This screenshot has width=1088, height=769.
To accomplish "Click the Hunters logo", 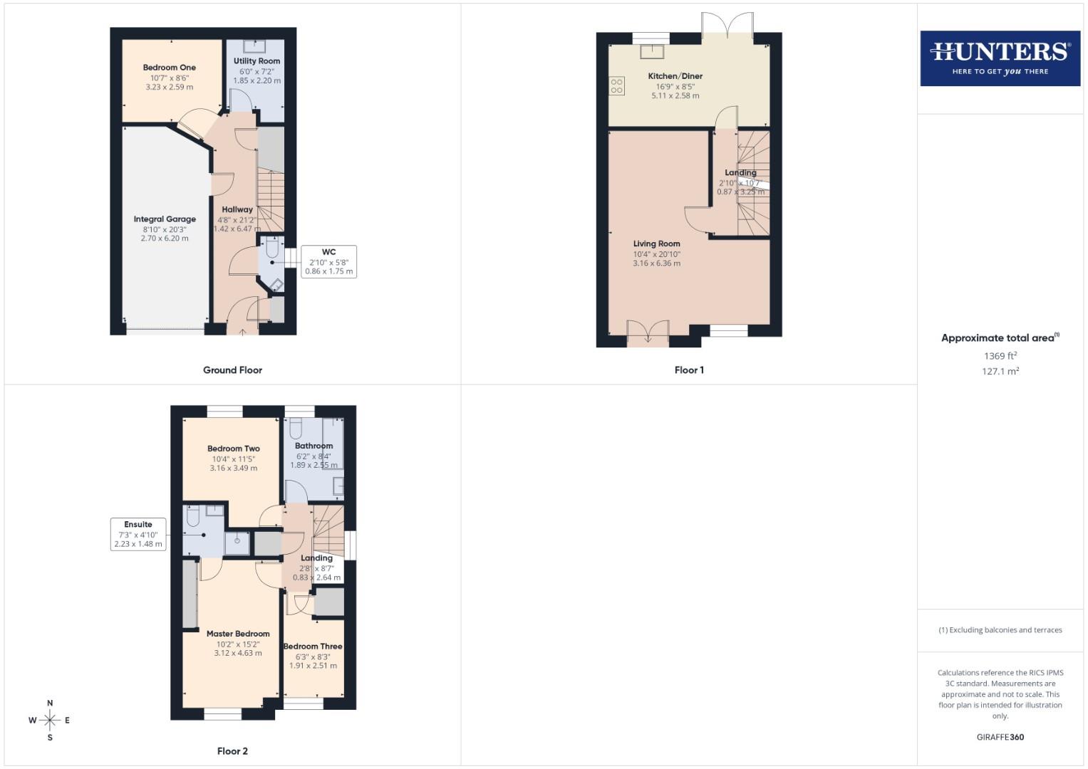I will pyautogui.click(x=1000, y=58).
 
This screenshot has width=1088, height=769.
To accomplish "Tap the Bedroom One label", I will pyautogui.click(x=169, y=68).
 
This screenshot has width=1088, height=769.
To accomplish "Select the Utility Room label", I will pyautogui.click(x=257, y=61).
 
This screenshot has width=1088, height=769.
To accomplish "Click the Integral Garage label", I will pyautogui.click(x=165, y=219).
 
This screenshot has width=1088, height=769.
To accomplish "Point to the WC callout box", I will pyautogui.click(x=328, y=261).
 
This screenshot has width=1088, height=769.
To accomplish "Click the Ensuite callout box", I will pyautogui.click(x=138, y=534).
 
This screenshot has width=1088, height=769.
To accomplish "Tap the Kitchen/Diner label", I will pyautogui.click(x=675, y=76).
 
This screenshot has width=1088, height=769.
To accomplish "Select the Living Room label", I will pyautogui.click(x=656, y=244).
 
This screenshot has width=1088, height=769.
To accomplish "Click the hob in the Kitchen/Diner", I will pyautogui.click(x=617, y=86).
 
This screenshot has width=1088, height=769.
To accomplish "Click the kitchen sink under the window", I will pyautogui.click(x=651, y=51).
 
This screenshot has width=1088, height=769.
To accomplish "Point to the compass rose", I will pyautogui.click(x=50, y=721).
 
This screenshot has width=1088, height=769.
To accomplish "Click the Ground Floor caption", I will pyautogui.click(x=232, y=370).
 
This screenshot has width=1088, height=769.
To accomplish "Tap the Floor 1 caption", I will pyautogui.click(x=689, y=370).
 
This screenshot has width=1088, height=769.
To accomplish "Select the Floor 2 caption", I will pyautogui.click(x=232, y=751).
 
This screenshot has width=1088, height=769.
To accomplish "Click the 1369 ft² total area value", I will pyautogui.click(x=1000, y=356).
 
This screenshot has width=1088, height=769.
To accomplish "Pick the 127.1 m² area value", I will pyautogui.click(x=1000, y=372).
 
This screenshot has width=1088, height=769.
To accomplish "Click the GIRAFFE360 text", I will pyautogui.click(x=1000, y=738).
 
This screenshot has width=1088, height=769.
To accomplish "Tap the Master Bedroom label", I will pyautogui.click(x=238, y=634).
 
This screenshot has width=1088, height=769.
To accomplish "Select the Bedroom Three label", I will pyautogui.click(x=313, y=647).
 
